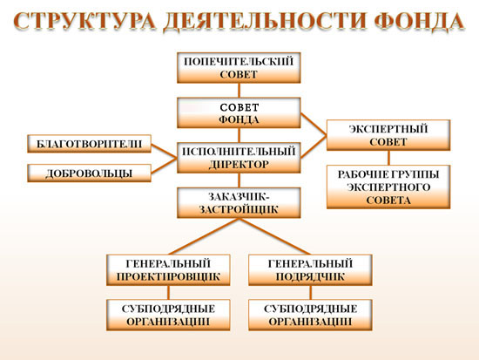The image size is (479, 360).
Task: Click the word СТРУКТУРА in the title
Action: (x=84, y=21)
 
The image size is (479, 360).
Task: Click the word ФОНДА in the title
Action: (x=420, y=22)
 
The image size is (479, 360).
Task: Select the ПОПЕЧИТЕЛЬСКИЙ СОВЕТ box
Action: (x=239, y=68)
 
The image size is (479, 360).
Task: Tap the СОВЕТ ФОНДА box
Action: (x=239, y=112)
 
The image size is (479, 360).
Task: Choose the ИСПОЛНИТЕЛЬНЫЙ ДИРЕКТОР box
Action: (x=239, y=158)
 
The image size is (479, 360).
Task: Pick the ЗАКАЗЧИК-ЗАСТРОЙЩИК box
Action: (x=239, y=203)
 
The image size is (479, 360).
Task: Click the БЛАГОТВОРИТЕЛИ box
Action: (x=89, y=144)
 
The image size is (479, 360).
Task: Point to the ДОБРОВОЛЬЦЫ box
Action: (x=89, y=173)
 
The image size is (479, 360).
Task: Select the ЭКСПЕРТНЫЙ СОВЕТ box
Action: (x=388, y=135)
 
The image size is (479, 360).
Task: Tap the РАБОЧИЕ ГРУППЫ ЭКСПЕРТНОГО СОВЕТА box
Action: (x=388, y=187)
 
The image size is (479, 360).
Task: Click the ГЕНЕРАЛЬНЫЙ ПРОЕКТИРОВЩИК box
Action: (x=168, y=270)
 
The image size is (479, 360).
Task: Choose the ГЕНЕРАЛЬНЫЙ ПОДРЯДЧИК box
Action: (x=310, y=270)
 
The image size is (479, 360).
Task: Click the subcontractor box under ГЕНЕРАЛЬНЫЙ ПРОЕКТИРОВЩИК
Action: (x=168, y=315)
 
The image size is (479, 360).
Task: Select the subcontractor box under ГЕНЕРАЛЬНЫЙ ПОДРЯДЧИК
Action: (x=310, y=315)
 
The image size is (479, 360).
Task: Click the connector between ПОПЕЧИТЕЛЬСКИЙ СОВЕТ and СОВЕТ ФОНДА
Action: (x=239, y=91)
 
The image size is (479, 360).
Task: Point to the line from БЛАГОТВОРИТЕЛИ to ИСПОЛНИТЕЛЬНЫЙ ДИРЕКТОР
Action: (x=164, y=151)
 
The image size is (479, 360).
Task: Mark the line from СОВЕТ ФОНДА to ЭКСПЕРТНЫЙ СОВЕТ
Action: (x=314, y=124)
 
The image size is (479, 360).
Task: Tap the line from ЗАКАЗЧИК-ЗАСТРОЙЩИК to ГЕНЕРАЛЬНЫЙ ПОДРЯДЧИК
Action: (x=274, y=236)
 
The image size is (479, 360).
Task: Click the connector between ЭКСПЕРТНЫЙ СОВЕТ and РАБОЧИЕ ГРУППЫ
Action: (x=388, y=158)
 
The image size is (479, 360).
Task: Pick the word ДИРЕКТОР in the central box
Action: (x=239, y=165)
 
